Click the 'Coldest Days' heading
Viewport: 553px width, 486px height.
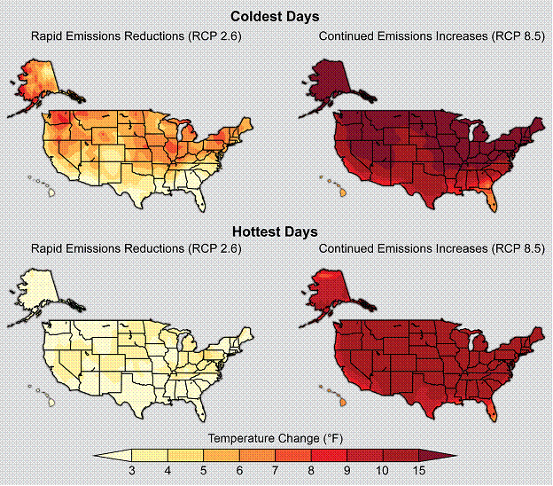[275, 17]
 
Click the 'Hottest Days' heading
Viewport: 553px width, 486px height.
[275, 231]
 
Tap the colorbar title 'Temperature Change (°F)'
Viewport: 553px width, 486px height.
[276, 438]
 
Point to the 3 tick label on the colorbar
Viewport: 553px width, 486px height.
[132, 470]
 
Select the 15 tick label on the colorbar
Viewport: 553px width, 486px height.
[418, 470]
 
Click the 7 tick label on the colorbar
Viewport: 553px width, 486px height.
[275, 470]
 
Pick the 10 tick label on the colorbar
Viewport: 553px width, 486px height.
[382, 470]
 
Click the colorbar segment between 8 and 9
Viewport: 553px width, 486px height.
[329, 455]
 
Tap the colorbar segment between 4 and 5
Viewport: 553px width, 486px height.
[185, 455]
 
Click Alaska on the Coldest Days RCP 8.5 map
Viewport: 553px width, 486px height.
[331, 82]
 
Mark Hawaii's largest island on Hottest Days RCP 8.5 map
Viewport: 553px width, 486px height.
[343, 402]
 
